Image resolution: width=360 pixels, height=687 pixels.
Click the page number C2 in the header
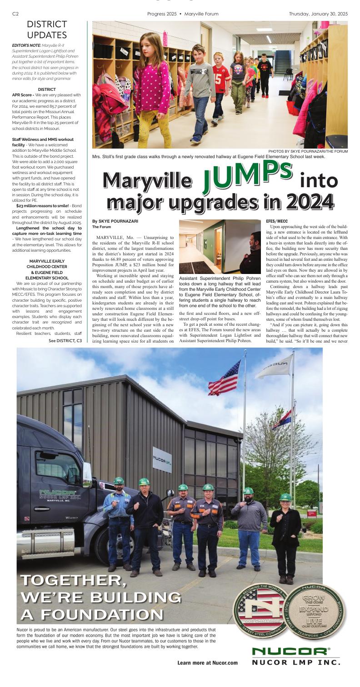coord(15,14)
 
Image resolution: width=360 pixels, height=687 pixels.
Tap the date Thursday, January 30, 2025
coord(318,14)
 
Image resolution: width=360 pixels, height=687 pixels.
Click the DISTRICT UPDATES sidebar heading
coord(47,30)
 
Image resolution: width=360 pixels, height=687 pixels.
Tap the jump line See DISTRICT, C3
coord(65,340)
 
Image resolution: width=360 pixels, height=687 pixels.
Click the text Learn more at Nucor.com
coord(208,662)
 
